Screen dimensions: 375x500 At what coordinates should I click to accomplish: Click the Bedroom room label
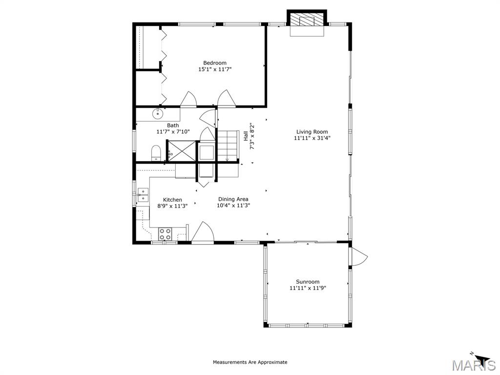(215, 62)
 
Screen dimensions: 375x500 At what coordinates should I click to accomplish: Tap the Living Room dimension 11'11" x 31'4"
(312, 138)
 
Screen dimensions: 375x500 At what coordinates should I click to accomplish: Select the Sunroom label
(308, 282)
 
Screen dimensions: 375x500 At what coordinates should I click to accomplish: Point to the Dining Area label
(233, 199)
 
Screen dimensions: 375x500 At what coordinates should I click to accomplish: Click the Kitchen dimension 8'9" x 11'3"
(172, 206)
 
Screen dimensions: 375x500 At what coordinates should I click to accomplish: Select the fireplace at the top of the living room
(307, 22)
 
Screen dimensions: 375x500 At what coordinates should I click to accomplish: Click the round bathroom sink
(158, 114)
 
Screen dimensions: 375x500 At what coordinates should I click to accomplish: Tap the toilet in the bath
(156, 153)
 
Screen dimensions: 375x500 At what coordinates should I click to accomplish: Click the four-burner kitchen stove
(165, 234)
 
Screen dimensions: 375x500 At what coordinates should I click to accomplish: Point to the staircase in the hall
(227, 145)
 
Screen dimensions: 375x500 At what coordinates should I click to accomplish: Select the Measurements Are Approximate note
(250, 362)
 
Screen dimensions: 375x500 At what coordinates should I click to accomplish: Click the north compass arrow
(481, 359)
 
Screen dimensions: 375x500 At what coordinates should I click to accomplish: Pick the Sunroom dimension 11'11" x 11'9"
(308, 288)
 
